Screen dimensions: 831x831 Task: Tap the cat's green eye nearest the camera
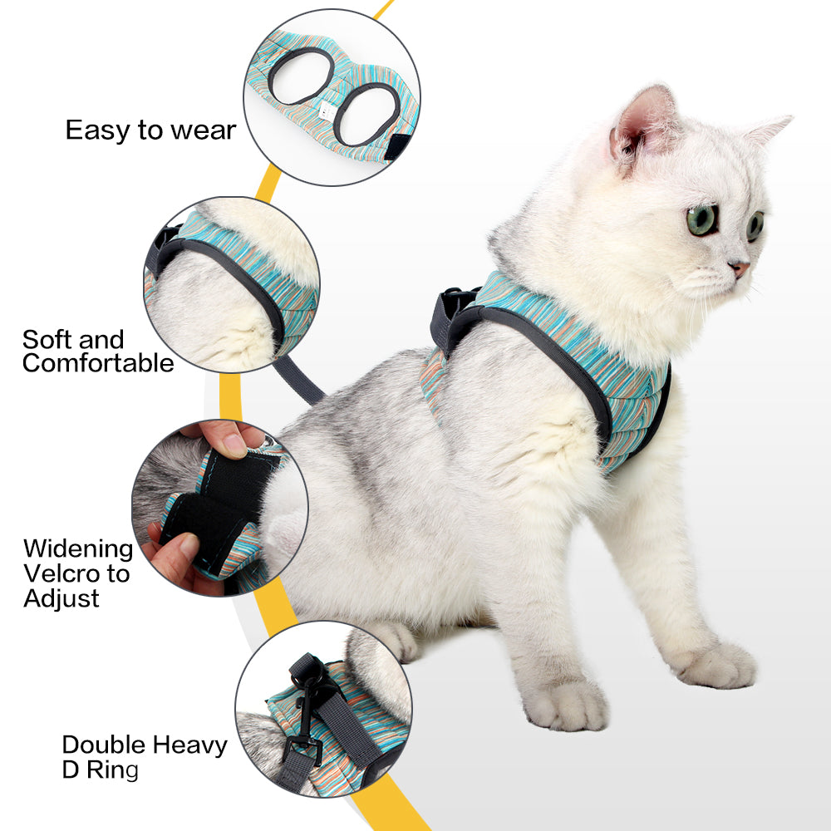click(702, 219)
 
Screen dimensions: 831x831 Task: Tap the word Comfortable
click(98, 363)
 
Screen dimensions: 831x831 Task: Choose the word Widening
click(77, 549)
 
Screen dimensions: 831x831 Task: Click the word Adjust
click(61, 598)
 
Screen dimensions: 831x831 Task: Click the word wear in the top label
click(204, 130)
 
